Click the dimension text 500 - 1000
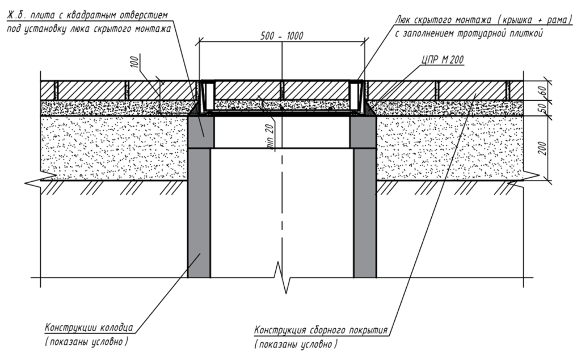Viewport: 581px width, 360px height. pos(283,36)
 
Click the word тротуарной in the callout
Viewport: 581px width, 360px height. pos(477,34)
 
